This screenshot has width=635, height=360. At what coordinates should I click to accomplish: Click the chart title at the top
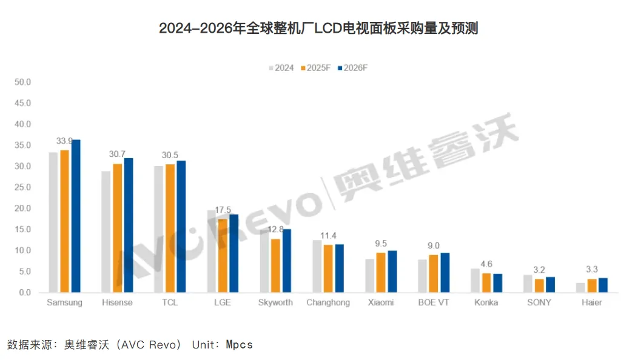click(318, 28)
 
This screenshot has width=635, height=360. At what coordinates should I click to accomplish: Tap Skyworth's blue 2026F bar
click(287, 261)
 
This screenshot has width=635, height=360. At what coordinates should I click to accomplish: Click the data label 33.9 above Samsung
click(64, 141)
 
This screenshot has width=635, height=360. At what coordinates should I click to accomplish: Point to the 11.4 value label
click(328, 236)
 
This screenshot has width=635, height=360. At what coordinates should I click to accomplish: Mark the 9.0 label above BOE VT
click(434, 245)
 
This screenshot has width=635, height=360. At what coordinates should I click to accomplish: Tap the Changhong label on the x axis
click(328, 302)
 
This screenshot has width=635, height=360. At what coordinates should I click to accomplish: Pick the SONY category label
click(539, 302)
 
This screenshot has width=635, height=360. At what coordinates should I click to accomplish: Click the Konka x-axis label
click(486, 302)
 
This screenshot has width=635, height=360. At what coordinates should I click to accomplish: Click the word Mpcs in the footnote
click(239, 345)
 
